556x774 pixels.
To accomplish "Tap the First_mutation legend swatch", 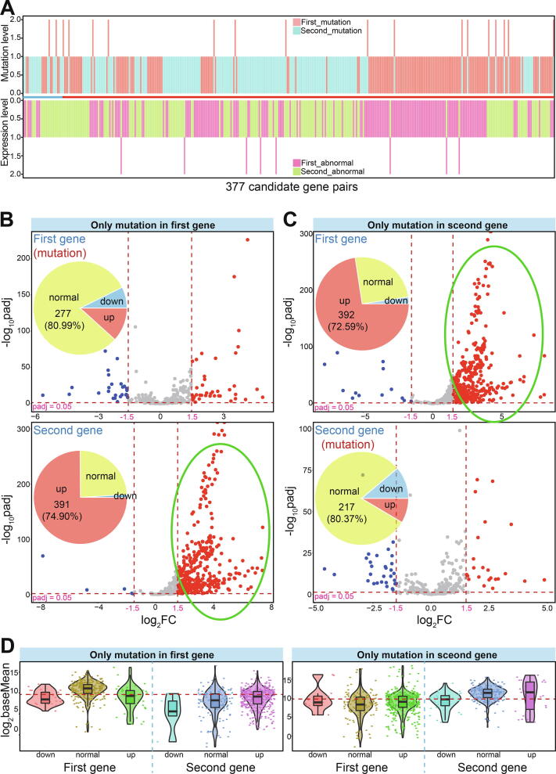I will point(287,22).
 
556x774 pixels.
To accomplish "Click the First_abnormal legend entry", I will point(325,161).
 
